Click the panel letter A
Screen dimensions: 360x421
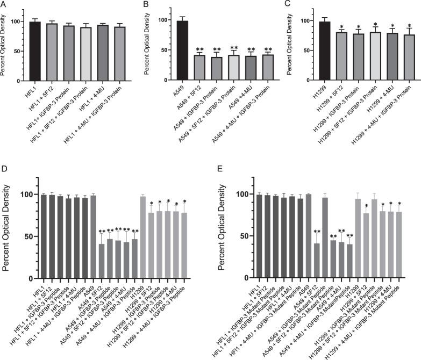(x=4, y=5)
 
